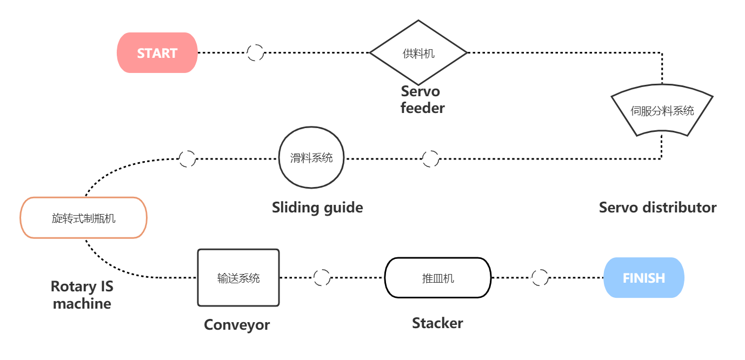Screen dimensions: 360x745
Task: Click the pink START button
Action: point(157,52)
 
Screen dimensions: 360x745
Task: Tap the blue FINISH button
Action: point(643,278)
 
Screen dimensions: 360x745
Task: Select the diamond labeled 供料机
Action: point(418,53)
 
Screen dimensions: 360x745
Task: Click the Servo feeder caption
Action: point(422,99)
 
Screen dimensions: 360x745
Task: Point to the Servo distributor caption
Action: point(657,208)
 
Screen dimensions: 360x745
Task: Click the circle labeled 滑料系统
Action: point(311,158)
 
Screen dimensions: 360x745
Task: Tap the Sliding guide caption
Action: point(317,208)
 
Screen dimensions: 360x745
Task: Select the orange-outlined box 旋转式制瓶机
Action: point(84,218)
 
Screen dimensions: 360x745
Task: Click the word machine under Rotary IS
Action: point(82,304)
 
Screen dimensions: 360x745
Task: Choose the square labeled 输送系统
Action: point(238,278)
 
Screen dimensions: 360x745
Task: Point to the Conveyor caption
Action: point(237,325)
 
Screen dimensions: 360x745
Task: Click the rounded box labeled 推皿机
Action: point(437,278)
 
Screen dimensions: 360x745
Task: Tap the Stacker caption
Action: point(437,323)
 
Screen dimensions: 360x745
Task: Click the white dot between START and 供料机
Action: point(255,52)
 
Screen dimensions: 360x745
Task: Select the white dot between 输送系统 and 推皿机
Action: point(322,277)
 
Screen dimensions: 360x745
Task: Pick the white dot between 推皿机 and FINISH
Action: point(540,277)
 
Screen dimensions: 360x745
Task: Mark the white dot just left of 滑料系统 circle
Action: point(187,158)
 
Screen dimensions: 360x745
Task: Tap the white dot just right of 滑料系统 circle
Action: point(430,158)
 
